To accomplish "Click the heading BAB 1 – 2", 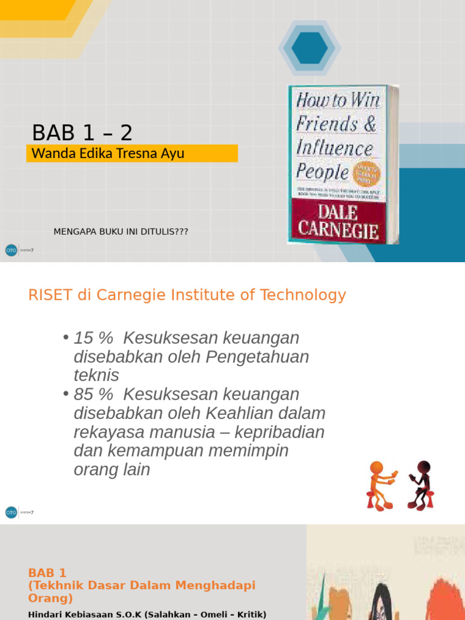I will coord(82,132).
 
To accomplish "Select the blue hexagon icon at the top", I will coord(309,48).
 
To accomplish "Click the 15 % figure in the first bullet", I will coord(93,338).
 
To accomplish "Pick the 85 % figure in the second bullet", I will coord(93,395).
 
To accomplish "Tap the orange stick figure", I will coord(380,484).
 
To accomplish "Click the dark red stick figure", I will coord(421,484).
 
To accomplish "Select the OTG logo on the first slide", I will coord(11,249).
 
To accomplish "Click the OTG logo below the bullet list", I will coord(11,512).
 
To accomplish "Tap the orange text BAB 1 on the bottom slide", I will coord(47,573).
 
